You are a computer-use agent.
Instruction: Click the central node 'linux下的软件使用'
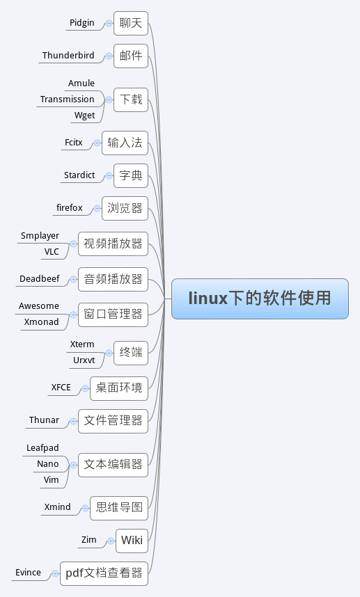260,298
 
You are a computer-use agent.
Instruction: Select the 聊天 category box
131,23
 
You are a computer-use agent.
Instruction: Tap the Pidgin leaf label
82,23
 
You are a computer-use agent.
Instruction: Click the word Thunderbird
68,55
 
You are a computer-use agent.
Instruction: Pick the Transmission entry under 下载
67,99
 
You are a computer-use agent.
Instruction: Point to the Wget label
84,116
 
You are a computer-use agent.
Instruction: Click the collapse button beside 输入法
97,143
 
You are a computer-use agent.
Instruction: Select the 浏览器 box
125,208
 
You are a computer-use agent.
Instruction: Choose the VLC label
52,252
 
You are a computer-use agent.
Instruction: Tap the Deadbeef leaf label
39,279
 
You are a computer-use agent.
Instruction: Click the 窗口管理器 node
113,315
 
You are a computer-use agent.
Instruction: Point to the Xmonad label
41,321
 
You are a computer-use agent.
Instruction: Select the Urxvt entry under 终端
84,360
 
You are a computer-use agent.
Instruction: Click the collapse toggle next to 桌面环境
86,388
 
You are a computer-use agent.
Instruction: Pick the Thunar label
44,420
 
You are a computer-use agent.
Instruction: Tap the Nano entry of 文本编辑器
47,463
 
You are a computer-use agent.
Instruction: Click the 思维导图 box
119,508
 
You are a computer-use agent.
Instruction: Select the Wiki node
132,541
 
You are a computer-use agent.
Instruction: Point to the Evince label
28,572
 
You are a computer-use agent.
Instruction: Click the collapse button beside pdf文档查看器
56,573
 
